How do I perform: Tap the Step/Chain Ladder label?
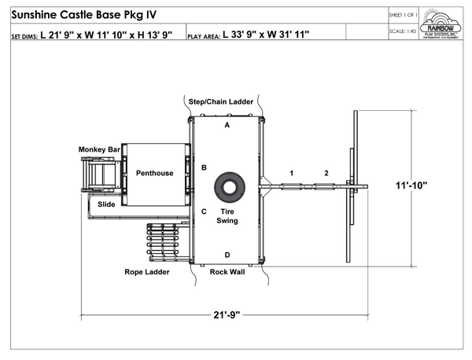tap(220, 102)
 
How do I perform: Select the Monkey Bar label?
tap(99, 149)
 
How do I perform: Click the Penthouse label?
tap(154, 173)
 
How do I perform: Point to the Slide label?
tap(107, 204)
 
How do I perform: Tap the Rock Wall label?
tap(227, 272)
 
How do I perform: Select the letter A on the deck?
tap(227, 125)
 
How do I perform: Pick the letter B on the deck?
tap(204, 167)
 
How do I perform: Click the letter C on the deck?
tap(204, 211)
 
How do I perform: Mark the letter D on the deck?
tap(227, 254)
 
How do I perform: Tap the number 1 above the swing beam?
tap(291, 173)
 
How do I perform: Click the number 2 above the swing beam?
tap(326, 173)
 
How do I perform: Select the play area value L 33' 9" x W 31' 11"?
tap(266, 35)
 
